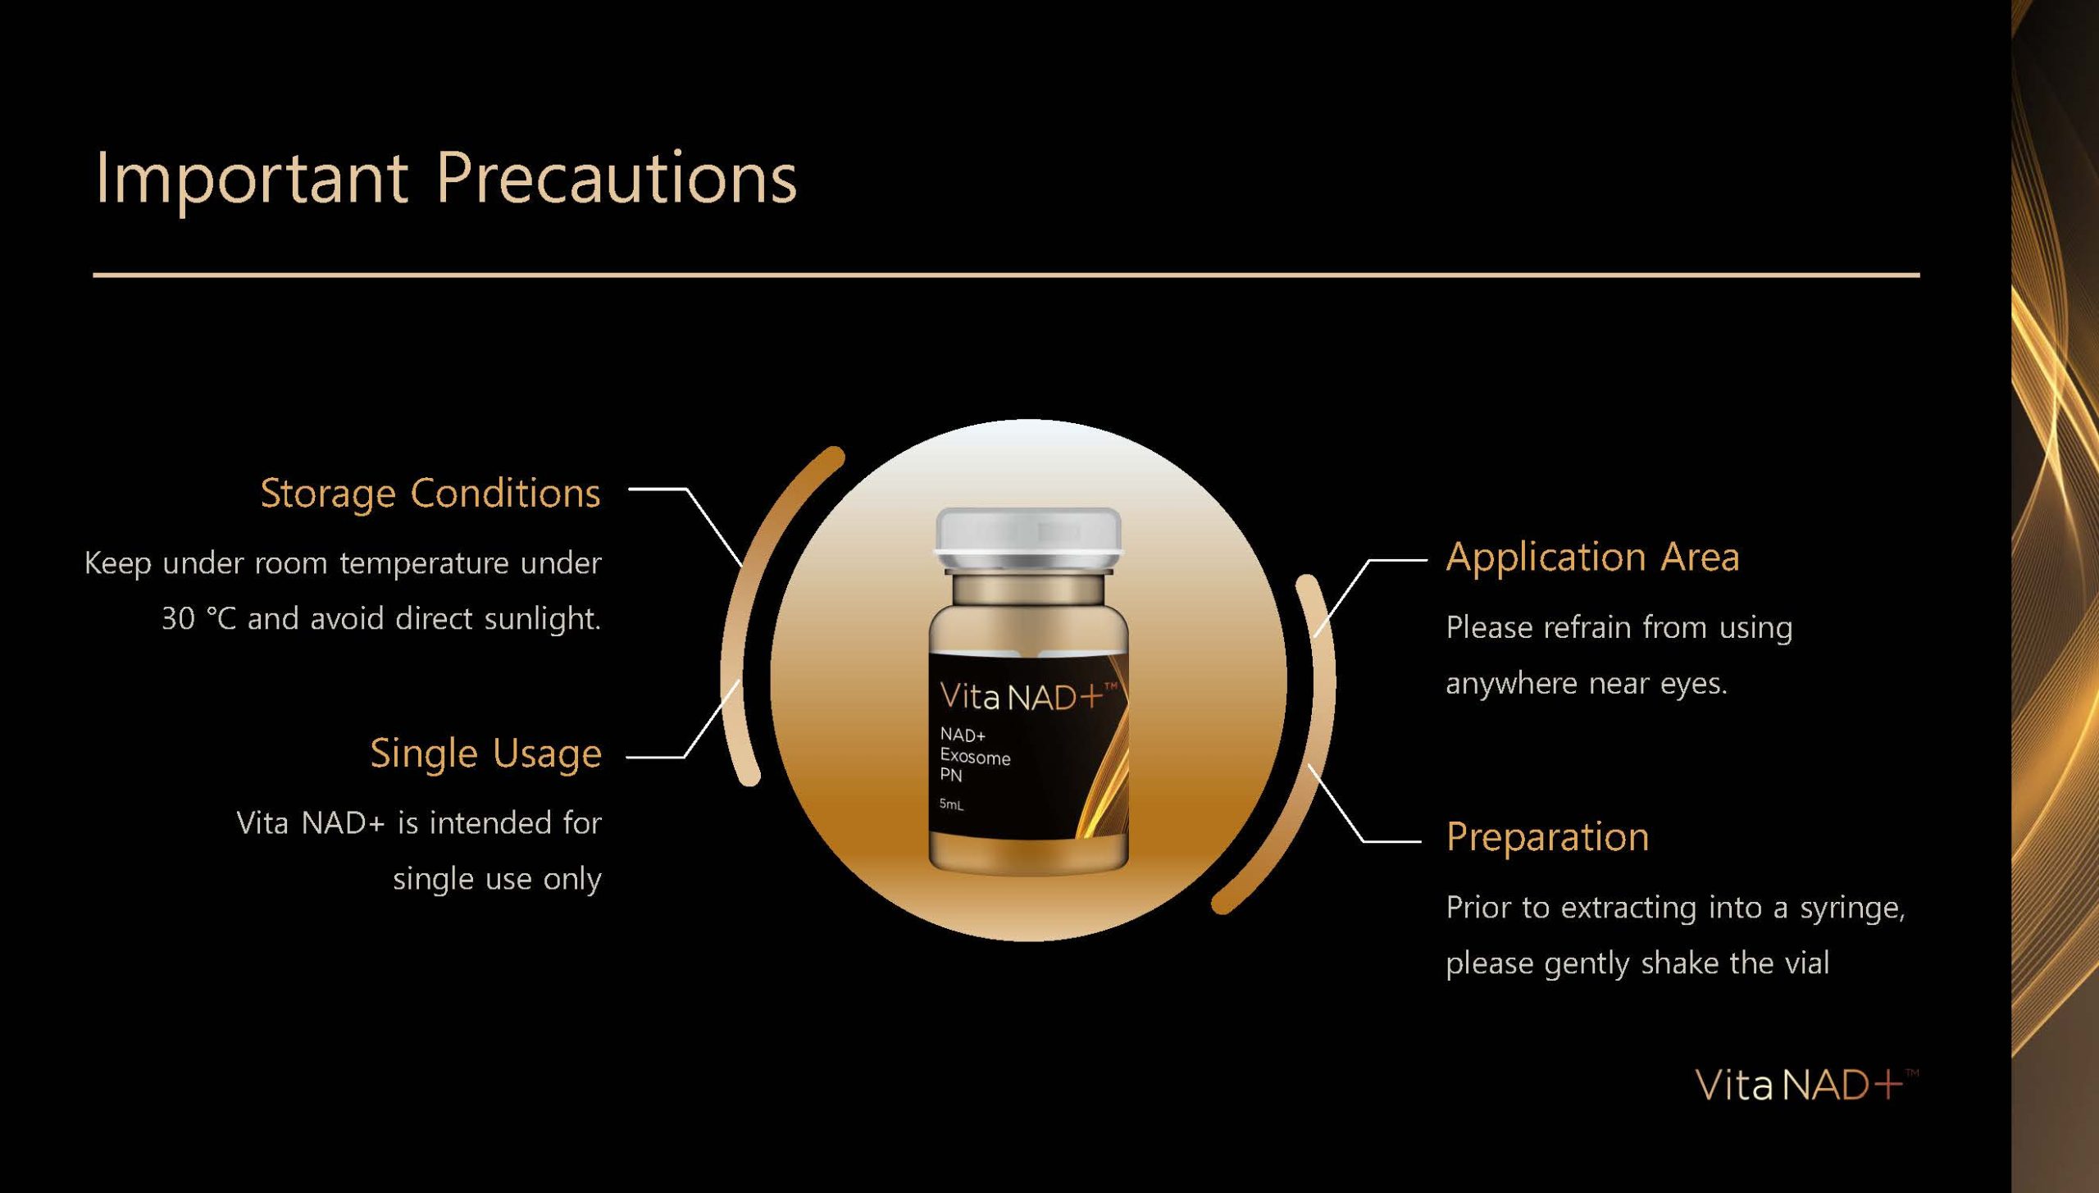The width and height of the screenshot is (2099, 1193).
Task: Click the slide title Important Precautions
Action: (x=446, y=179)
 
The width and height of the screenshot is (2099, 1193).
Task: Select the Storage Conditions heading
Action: (x=430, y=494)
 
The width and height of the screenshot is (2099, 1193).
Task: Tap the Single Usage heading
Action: (x=485, y=754)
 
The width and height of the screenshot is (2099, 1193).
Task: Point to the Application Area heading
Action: (x=1592, y=558)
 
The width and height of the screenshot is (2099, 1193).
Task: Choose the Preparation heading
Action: (x=1547, y=838)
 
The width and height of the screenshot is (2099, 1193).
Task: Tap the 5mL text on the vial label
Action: (x=951, y=804)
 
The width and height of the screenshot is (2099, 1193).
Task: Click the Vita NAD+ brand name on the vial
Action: (x=1028, y=696)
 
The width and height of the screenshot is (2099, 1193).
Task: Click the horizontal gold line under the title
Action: (x=1006, y=275)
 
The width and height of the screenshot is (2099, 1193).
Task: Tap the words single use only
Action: (x=497, y=879)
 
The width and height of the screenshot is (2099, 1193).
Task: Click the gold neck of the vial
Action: (x=1028, y=589)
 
